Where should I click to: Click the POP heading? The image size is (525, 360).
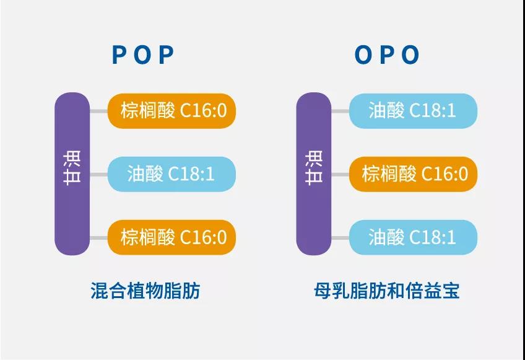(143, 55)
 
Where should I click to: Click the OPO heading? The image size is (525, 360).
(387, 55)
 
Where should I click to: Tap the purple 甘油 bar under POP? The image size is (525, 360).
(72, 173)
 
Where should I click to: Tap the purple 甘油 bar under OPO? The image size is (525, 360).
(314, 173)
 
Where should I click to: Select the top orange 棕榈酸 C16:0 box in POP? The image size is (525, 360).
(171, 111)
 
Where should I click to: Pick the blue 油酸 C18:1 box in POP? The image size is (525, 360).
(171, 174)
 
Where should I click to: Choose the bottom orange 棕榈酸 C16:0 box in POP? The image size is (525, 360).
(171, 237)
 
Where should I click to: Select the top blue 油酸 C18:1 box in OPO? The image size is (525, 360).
(413, 111)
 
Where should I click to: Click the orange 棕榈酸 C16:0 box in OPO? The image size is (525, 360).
(413, 174)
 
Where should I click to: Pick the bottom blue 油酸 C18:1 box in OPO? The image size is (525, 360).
(413, 237)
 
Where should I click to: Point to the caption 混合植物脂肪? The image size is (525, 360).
(145, 291)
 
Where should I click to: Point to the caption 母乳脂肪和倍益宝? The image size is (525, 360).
(387, 291)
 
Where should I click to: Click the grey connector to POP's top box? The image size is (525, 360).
(99, 111)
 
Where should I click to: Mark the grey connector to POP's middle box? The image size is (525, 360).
(99, 174)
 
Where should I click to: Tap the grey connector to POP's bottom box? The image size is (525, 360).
(99, 238)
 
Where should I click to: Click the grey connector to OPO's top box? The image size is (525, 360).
(341, 111)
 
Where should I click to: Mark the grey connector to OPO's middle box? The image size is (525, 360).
(341, 174)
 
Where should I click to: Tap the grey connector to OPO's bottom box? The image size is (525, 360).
(341, 238)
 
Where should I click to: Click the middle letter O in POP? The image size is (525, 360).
(142, 55)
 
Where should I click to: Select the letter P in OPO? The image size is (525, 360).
(388, 55)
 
